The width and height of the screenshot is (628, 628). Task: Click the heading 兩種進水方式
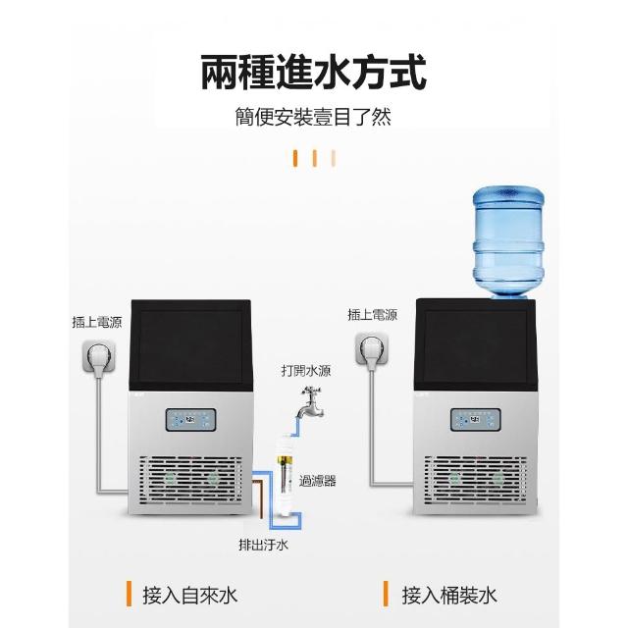click(314, 74)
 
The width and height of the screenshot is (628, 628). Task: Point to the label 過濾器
click(318, 480)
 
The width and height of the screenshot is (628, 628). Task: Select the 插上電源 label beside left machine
click(97, 321)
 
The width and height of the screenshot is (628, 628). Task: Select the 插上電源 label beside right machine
click(372, 315)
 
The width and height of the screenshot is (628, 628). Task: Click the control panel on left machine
click(194, 420)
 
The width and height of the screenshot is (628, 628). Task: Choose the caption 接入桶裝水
click(450, 594)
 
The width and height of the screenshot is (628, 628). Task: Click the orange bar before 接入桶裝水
click(387, 594)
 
